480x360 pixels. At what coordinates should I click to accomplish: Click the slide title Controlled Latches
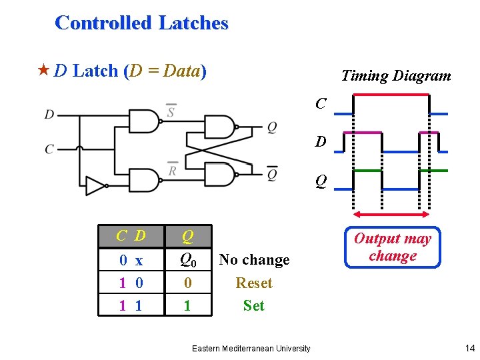pos(141,23)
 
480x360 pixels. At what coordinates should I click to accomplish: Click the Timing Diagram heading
pos(396,76)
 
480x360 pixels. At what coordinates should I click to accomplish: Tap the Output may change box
pos(392,247)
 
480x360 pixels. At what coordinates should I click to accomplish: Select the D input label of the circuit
pos(49,115)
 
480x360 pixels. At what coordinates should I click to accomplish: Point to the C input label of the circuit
pos(49,149)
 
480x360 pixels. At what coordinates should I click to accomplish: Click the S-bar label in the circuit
pos(171,111)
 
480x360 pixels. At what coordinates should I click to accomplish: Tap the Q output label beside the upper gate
pos(272,127)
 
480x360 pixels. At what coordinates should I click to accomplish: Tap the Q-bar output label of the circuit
pos(272,174)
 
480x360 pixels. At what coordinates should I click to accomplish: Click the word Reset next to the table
pos(254,283)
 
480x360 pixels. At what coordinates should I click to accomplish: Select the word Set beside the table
pos(254,306)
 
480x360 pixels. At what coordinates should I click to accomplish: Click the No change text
pos(254,260)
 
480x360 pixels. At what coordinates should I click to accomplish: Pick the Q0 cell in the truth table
pos(188,259)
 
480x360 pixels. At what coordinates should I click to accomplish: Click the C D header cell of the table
pos(131,236)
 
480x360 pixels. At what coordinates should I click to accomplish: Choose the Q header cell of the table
pos(188,236)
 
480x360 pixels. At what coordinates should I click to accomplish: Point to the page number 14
pos(469,348)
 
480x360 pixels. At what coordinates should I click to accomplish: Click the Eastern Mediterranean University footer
pos(251,349)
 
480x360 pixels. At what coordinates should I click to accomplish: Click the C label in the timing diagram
pos(321,103)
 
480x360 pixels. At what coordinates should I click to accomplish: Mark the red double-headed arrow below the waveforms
pos(392,215)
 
